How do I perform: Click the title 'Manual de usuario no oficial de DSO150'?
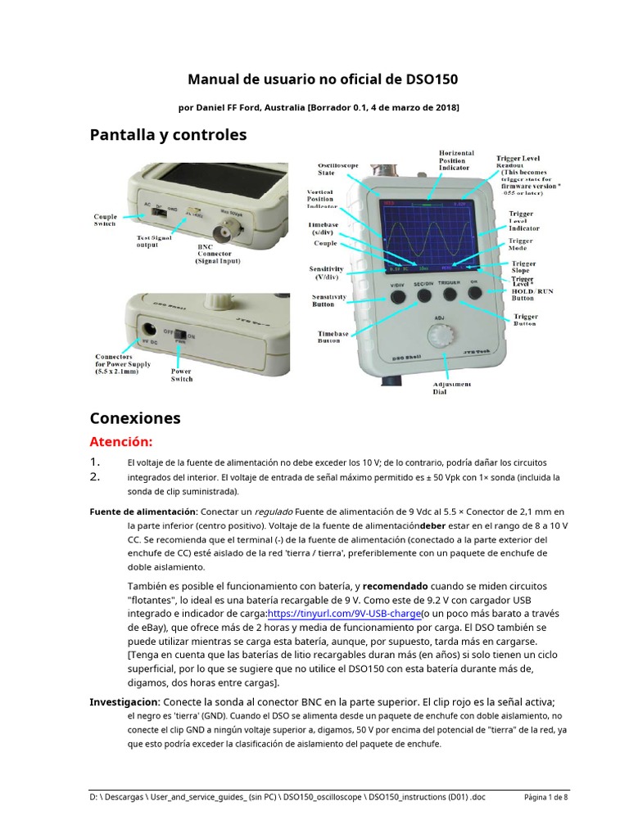click(323, 79)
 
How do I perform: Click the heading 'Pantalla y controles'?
click(168, 134)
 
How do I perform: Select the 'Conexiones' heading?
click(134, 418)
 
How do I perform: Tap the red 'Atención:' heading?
click(121, 443)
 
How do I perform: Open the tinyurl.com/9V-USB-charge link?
click(344, 614)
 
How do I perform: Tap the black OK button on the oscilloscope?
click(474, 292)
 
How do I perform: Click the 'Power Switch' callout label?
click(181, 375)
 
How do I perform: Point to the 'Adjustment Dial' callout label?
click(451, 388)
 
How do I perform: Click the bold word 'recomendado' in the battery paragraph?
click(395, 586)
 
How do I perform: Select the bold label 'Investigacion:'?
click(125, 702)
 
